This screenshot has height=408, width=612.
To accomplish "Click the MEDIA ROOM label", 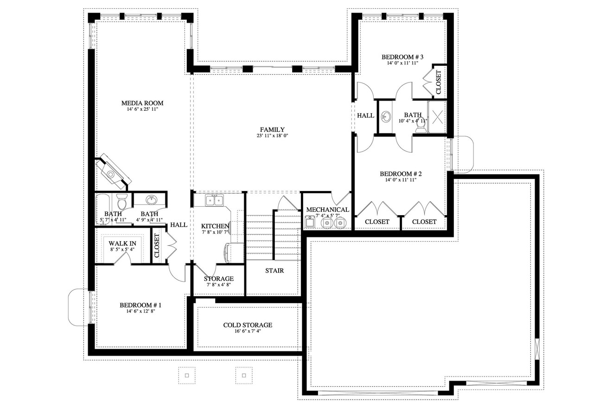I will click(x=142, y=103).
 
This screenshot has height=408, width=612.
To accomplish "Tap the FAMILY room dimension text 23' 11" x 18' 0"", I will click(x=272, y=136).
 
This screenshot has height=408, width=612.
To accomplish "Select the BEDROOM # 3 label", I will click(x=402, y=57).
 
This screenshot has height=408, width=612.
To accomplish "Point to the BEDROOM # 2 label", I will click(x=401, y=174).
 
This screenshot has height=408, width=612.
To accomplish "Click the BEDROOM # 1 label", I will click(x=140, y=305).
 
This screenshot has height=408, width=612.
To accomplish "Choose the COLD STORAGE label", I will click(x=248, y=325).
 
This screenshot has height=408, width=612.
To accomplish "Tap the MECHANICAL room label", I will click(x=327, y=210).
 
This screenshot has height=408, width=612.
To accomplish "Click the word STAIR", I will click(x=274, y=270).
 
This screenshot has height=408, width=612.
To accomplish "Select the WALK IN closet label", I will click(x=122, y=243).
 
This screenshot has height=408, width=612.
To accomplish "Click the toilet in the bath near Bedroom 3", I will click(x=421, y=126).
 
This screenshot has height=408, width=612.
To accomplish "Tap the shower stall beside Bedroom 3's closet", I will click(x=437, y=117).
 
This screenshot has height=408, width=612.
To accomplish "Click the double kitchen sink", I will click(x=214, y=200).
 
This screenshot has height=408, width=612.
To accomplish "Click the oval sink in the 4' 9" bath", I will click(x=151, y=200).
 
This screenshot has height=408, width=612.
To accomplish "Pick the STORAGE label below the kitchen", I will click(x=218, y=279).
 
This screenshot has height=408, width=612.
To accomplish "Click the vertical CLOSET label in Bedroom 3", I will click(x=438, y=82).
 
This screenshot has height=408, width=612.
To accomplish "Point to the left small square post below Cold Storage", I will click(x=187, y=375).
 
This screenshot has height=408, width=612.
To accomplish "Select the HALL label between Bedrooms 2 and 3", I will click(x=365, y=115).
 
